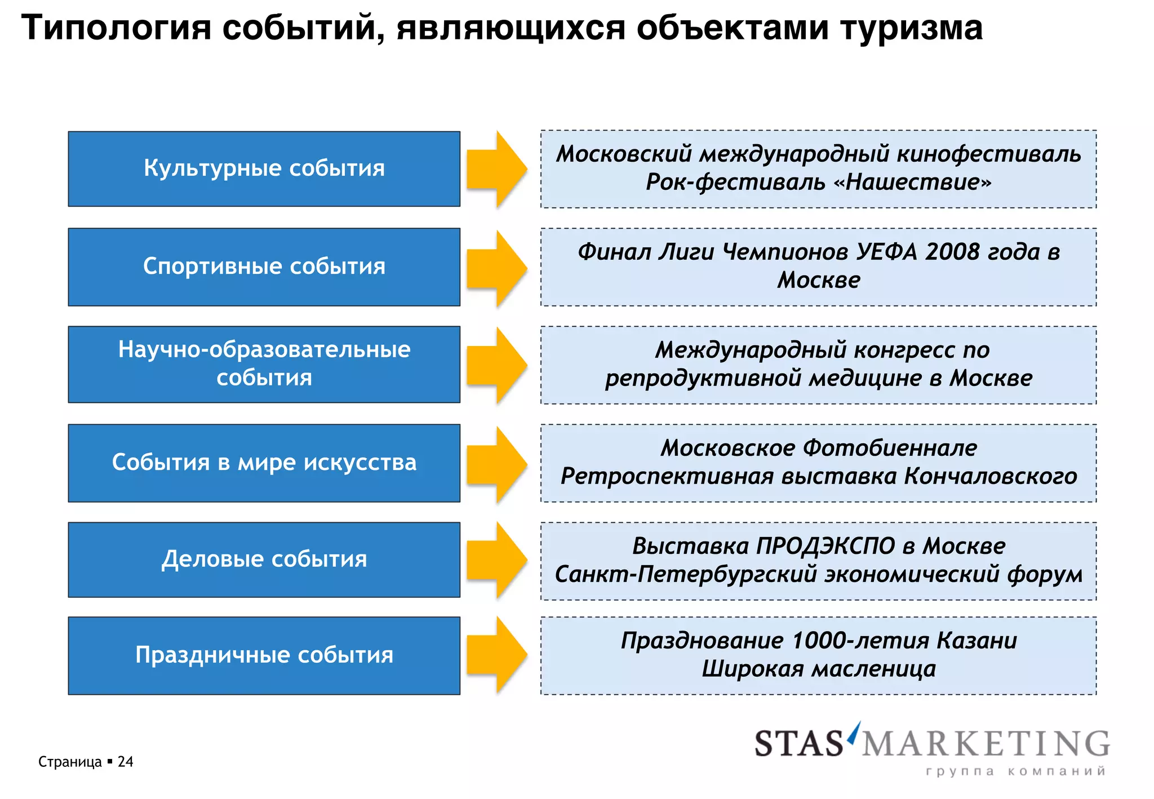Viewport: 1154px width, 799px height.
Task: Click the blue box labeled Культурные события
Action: (264, 168)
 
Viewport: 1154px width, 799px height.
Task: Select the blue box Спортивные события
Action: (264, 267)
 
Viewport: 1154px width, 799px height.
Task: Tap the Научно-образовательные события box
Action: (264, 364)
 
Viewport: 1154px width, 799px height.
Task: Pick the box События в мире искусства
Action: (264, 463)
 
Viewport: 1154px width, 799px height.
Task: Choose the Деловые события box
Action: (264, 560)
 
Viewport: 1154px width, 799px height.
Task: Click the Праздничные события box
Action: (264, 655)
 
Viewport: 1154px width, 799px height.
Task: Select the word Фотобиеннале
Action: (890, 448)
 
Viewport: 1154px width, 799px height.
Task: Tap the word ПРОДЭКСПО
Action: (825, 546)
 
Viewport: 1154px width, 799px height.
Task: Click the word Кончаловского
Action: (991, 476)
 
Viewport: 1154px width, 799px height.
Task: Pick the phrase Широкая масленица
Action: (819, 669)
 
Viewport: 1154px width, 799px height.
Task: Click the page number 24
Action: (125, 762)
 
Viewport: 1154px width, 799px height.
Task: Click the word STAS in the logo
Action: (798, 744)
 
